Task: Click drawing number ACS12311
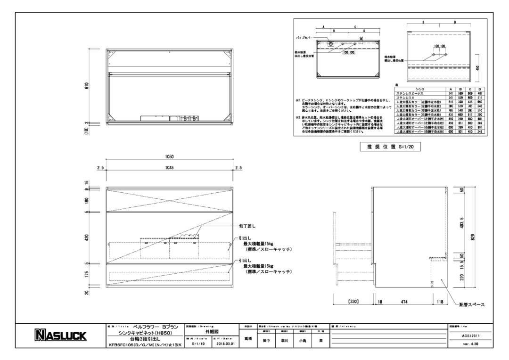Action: point(471,335)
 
